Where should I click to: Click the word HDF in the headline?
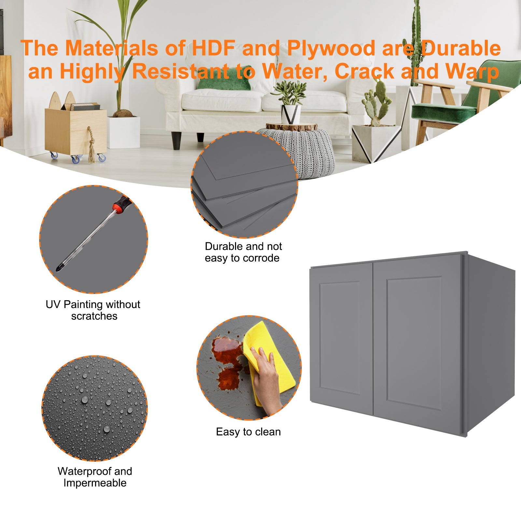pos(213,48)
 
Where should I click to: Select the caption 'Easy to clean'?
pos(248,432)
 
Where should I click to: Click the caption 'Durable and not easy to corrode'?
pos(243,252)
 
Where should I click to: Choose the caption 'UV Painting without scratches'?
pos(93,310)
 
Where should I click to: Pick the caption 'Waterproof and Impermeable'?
pos(95,477)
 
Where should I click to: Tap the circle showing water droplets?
pos(94,408)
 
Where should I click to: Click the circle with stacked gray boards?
pos(244,184)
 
